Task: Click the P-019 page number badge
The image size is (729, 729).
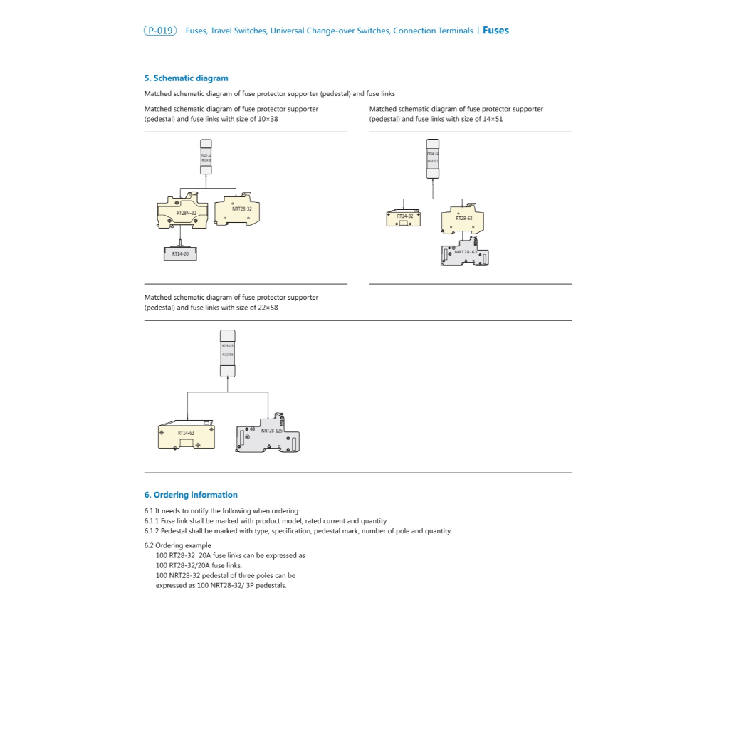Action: (160, 31)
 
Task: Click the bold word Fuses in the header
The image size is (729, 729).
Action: (495, 31)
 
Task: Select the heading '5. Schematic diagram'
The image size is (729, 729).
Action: (186, 78)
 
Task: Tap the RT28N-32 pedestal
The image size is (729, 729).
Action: (182, 213)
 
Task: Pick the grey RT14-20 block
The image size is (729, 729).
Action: (179, 253)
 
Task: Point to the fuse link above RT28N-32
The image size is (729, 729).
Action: (206, 157)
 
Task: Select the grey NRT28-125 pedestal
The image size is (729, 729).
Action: (268, 436)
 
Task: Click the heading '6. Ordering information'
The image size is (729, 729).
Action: (191, 495)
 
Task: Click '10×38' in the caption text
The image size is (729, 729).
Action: (268, 119)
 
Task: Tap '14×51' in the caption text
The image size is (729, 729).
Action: (493, 119)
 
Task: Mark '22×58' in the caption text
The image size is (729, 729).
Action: (268, 308)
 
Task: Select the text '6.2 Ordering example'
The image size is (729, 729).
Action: (177, 546)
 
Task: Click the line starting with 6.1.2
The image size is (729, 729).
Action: (298, 530)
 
